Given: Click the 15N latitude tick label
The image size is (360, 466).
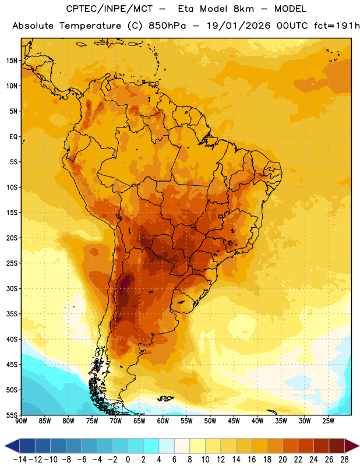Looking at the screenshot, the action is (12, 61).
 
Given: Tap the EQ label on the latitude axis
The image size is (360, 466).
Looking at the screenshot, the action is (13, 137).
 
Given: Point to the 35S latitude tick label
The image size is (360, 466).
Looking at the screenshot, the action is (12, 314).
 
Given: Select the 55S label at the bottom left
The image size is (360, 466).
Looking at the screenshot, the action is (12, 415).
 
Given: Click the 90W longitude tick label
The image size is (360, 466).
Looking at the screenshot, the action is (21, 421).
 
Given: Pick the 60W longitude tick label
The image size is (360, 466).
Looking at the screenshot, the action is (163, 421).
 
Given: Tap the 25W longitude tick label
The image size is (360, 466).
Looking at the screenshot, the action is (328, 421).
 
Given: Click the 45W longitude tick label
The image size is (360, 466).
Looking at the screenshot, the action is (234, 421).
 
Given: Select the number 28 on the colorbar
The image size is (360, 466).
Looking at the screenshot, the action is (344, 460).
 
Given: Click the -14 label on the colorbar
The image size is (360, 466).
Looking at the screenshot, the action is (20, 460).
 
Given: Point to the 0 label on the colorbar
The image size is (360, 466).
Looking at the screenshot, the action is (128, 460).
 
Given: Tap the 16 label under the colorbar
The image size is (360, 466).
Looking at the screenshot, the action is (252, 460).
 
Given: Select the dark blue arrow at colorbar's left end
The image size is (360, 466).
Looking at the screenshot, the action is (12, 446).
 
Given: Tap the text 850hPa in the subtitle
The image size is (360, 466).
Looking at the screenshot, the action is (167, 26).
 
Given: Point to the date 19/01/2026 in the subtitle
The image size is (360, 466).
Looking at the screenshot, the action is (238, 26).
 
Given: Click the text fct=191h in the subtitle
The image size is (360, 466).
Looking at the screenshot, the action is (337, 26).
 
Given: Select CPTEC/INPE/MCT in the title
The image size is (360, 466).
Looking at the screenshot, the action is (109, 9).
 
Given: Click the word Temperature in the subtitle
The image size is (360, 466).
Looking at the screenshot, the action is (90, 26).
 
